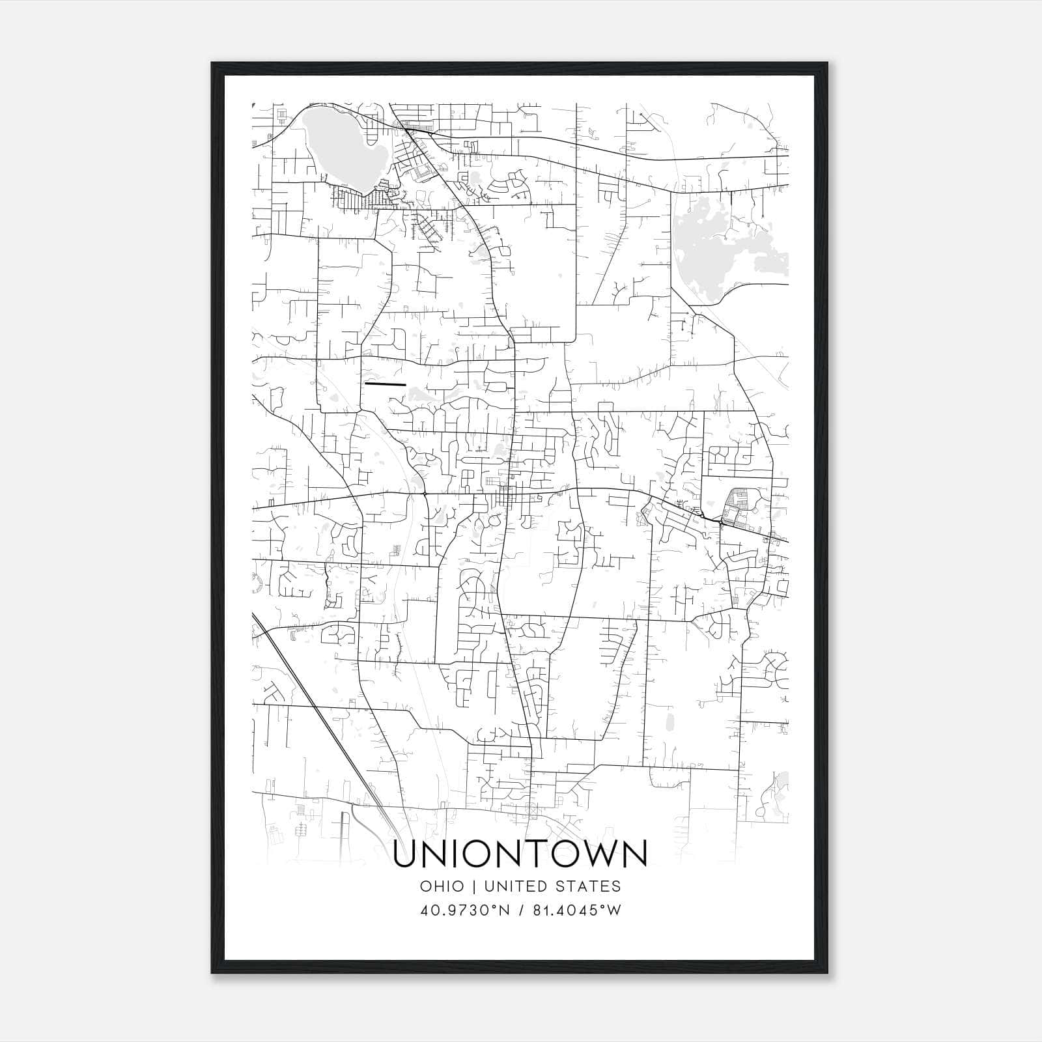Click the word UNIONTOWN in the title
click(520, 854)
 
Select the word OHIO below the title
click(442, 886)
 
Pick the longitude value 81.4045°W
click(577, 910)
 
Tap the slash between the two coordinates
click(521, 910)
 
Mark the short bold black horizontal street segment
click(386, 384)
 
